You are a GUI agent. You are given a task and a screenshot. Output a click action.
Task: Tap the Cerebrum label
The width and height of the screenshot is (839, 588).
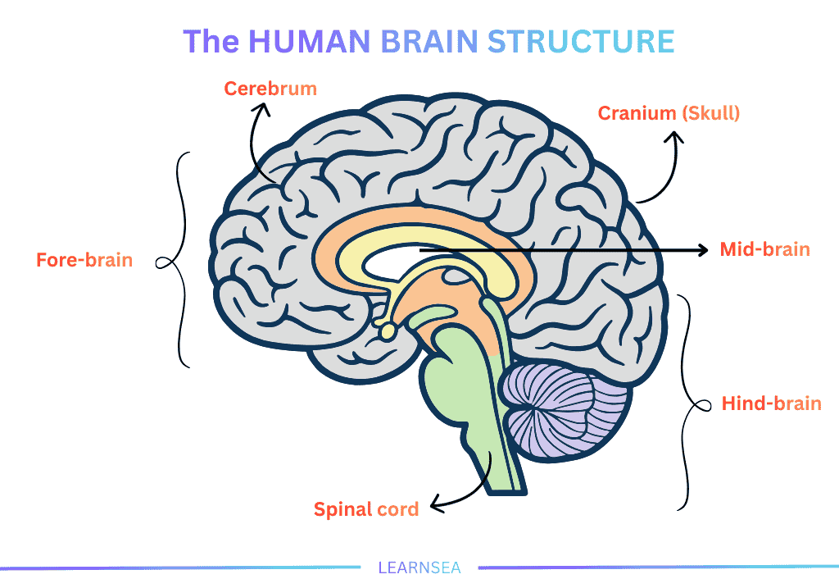[x=270, y=89]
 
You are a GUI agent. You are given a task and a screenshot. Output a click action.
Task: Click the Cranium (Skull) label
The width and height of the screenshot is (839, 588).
[x=669, y=113]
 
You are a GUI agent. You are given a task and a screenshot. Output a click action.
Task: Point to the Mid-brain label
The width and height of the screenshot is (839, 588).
[x=764, y=249]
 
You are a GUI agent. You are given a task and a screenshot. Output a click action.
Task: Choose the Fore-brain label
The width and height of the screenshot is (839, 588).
[x=84, y=261]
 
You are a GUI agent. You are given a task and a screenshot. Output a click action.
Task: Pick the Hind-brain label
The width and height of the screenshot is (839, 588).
[x=771, y=403]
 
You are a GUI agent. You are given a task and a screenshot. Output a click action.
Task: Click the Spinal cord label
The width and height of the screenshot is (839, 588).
[x=366, y=509]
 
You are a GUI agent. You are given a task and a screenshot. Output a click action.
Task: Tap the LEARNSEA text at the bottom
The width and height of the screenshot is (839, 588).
[x=419, y=567]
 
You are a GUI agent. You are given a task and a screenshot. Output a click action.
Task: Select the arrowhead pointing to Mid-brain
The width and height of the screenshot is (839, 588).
[x=702, y=249]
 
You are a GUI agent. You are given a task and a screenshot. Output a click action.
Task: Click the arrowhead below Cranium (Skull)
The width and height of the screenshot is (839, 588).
[x=675, y=141]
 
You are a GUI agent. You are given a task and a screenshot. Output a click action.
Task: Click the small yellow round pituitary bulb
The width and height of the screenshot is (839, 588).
[x=385, y=330]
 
